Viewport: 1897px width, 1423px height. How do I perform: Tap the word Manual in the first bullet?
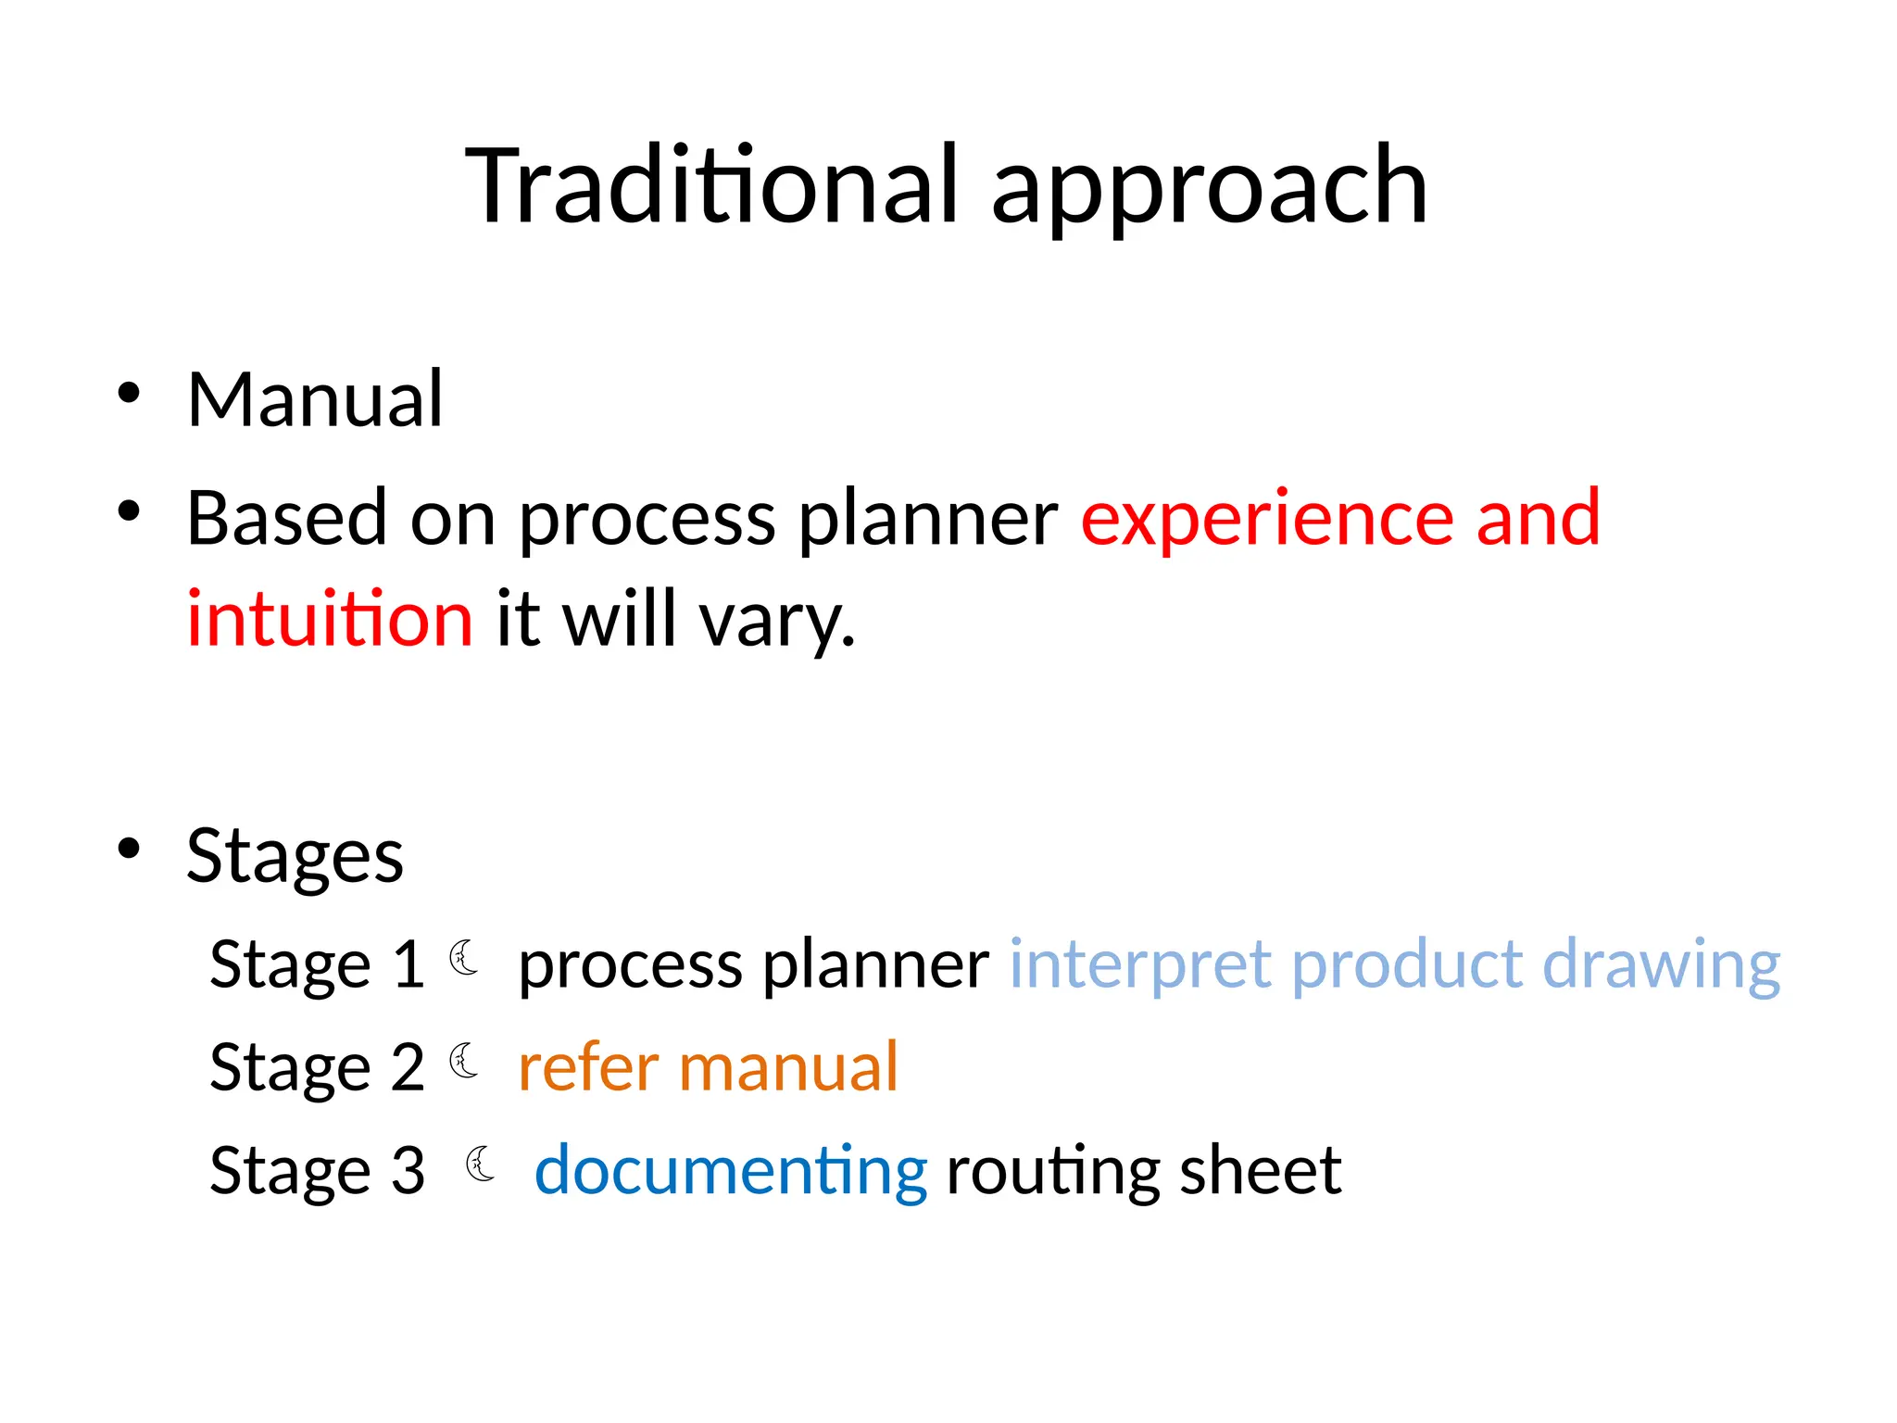coord(315,399)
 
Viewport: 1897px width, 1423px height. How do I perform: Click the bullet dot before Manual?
coord(129,394)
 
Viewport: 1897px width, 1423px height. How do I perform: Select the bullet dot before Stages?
coord(129,849)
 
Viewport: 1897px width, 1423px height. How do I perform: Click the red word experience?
coord(1266,519)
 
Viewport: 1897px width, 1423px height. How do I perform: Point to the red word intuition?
coord(330,619)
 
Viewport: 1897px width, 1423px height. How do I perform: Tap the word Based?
coord(286,518)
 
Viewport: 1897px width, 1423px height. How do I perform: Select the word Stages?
coord(295,857)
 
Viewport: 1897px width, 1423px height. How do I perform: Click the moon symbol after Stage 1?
coord(464,958)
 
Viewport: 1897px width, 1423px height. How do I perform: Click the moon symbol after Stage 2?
coord(464,1061)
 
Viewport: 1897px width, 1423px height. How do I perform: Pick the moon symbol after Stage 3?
coord(481,1164)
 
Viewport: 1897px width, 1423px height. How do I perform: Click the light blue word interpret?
coord(1138,966)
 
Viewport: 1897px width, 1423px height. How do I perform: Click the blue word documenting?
coord(731,1172)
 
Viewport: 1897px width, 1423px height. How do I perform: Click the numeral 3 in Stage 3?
coord(408,1171)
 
